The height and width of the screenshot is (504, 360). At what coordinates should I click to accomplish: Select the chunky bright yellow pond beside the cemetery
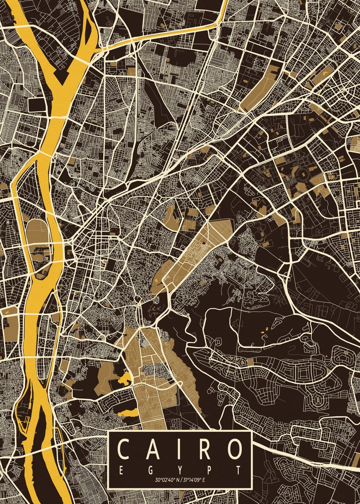[125, 378]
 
